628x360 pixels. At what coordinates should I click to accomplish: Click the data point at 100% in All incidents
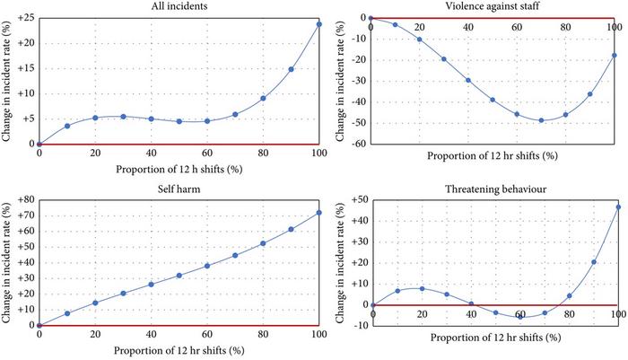[318, 24]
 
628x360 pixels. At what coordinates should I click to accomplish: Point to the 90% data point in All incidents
[291, 69]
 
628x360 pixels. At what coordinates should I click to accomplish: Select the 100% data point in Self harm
[318, 213]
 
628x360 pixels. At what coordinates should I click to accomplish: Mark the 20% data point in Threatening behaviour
[422, 288]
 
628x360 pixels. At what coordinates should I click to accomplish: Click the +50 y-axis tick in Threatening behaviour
[353, 198]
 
